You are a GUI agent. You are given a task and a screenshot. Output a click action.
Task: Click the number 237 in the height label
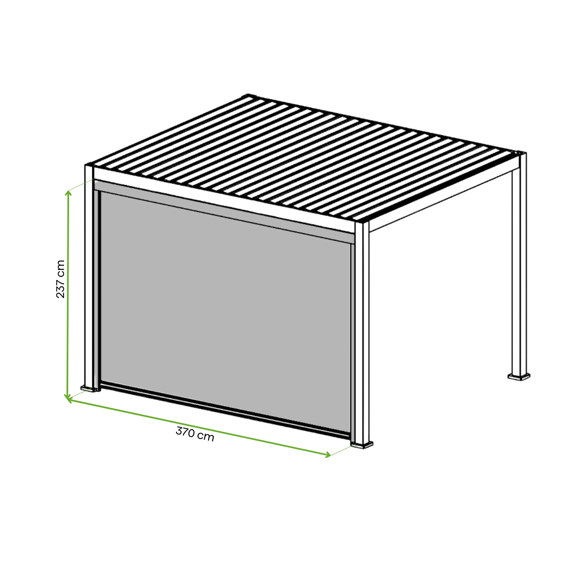pos(61,288)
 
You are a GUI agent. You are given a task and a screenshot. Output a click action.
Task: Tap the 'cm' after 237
pos(61,267)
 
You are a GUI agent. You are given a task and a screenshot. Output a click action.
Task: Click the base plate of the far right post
pos(519,378)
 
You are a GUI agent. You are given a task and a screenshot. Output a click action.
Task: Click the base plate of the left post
pos(89,389)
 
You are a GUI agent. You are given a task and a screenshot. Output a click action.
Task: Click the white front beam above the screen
pos(224,199)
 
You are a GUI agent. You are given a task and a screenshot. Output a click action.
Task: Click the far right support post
pos(519,264)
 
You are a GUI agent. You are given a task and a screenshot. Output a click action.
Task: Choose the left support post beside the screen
pos(89,277)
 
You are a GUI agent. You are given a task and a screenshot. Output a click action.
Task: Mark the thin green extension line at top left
pos(81,185)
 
